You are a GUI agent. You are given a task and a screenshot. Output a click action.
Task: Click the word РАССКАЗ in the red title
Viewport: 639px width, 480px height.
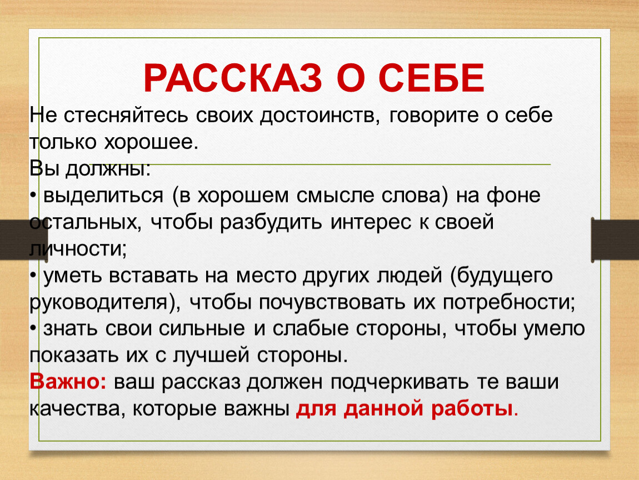point(233,78)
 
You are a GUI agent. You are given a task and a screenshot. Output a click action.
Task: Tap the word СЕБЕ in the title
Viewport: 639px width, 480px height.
point(432,78)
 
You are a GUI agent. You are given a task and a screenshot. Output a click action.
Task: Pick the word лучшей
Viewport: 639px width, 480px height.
point(211,356)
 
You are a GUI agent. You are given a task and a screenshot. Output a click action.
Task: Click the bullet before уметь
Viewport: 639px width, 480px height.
point(33,276)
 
